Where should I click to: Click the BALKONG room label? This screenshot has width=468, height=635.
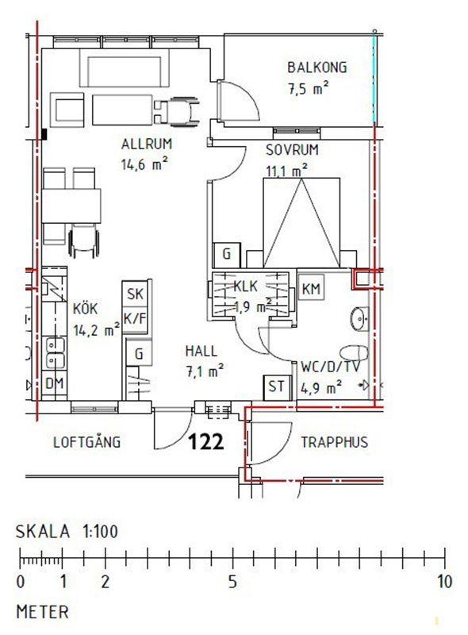click(317, 67)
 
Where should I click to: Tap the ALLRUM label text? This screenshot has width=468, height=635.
click(147, 144)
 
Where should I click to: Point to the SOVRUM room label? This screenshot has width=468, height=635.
click(292, 150)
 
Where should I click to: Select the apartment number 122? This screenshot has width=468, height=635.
click(206, 441)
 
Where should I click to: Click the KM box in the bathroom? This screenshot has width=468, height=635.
click(311, 289)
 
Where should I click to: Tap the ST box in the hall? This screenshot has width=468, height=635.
click(277, 387)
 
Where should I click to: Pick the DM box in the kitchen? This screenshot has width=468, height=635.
click(54, 383)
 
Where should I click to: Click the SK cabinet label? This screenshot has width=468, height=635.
click(135, 294)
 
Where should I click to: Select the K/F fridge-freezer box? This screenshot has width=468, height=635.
click(135, 319)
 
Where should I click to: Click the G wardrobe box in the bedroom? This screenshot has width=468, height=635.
click(227, 255)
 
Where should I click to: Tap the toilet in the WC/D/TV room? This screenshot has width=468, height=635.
click(354, 352)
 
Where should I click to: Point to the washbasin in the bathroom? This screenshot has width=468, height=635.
click(359, 319)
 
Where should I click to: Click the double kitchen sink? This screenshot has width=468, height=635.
click(55, 353)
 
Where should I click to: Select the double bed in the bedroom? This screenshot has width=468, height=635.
click(301, 223)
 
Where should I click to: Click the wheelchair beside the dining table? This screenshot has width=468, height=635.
click(84, 242)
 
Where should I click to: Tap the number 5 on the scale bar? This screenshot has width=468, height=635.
click(232, 582)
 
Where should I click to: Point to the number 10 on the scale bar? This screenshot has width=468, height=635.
click(444, 582)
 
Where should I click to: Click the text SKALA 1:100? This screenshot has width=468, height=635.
click(67, 531)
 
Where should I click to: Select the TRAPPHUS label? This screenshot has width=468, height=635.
click(335, 442)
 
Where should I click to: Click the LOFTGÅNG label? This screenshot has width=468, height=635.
click(87, 441)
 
